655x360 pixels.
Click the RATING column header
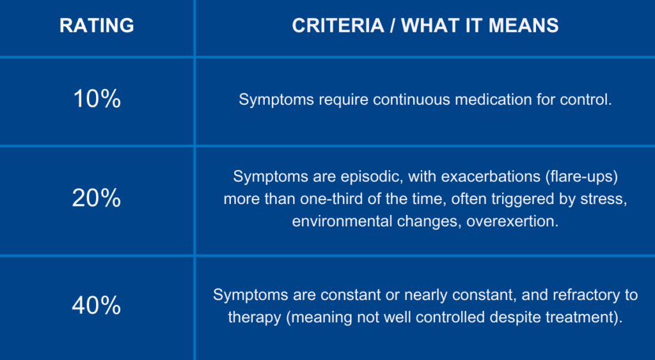97,26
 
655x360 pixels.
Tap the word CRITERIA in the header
338,26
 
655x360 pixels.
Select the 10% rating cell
97,99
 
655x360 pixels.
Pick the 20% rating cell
97,198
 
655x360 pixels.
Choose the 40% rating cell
97,305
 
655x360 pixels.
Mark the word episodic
372,176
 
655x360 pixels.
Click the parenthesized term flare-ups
581,176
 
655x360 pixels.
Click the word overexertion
512,221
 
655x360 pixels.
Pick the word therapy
255,317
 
